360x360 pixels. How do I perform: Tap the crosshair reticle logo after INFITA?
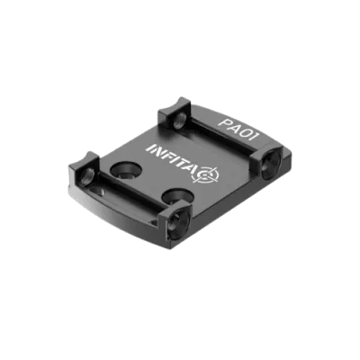click(x=208, y=175)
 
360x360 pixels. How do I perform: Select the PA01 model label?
click(x=240, y=126)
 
